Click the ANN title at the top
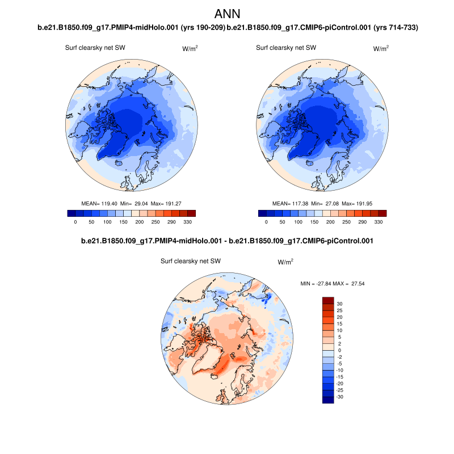pos(228,14)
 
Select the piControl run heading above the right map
pos(322,27)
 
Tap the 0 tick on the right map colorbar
pos(266,222)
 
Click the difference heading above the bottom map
pos(227,241)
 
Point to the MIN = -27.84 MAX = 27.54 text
pos(332,283)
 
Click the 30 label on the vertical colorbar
pos(339,304)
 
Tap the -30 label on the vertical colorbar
pos(340,397)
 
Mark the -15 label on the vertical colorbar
pos(340,377)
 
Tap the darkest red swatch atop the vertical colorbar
pos(328,300)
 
